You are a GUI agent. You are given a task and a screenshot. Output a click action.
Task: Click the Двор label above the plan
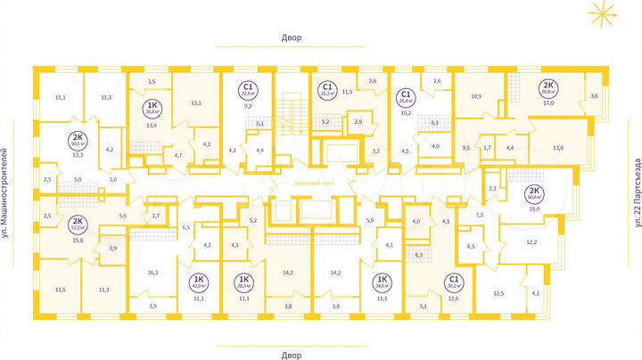pos(291,38)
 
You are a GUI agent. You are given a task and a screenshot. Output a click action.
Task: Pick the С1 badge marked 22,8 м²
pos(247,90)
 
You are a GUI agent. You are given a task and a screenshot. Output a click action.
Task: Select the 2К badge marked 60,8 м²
pos(546,88)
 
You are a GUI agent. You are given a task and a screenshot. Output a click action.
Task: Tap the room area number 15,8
pos(77,240)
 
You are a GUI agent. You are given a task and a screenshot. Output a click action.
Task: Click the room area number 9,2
pos(248,105)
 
